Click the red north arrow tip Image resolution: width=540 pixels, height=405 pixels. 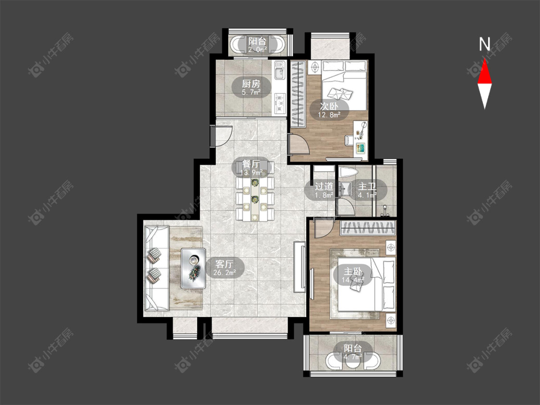click(484, 59)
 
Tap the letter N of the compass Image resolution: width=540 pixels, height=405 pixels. click(484, 44)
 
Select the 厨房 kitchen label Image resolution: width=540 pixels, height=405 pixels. click(251, 83)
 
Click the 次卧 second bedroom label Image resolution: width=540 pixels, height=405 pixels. click(329, 106)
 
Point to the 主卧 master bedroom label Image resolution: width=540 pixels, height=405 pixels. click(353, 272)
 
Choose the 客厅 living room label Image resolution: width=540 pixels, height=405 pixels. click(225, 264)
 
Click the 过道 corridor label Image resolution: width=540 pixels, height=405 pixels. click(324, 186)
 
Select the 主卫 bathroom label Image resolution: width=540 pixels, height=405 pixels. click(367, 187)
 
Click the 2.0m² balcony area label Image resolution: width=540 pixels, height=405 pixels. click(258, 50)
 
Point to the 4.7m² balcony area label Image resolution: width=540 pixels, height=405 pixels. click(353, 357)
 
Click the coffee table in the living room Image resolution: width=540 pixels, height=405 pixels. click(193, 268)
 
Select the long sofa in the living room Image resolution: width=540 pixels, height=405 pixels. click(156, 269)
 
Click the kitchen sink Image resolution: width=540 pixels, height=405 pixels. click(279, 70)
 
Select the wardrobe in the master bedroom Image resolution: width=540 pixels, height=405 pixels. click(368, 228)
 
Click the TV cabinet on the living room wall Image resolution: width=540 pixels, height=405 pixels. click(299, 267)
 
